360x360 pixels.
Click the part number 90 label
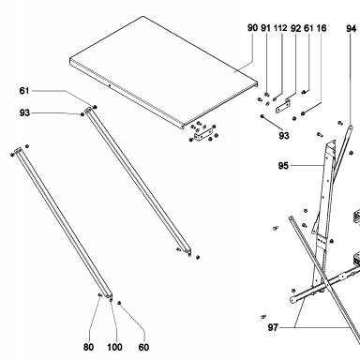[252, 28]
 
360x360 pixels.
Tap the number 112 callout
[280, 28]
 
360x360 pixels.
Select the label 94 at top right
[351, 28]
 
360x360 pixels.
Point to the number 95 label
[283, 166]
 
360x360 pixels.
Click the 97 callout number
[273, 327]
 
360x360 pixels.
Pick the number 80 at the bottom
[88, 347]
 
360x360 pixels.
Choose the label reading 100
[114, 347]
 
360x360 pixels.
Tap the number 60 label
[143, 347]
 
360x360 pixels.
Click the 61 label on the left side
[24, 91]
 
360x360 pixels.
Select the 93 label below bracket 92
[284, 136]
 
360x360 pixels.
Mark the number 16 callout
[322, 28]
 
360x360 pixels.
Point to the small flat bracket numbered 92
[283, 106]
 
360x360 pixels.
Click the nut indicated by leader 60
[119, 303]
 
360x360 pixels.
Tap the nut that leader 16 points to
[303, 113]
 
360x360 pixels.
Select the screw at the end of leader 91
[266, 94]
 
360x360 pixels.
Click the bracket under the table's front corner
[202, 136]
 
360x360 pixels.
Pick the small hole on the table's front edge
[109, 84]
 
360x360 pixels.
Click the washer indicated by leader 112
[275, 99]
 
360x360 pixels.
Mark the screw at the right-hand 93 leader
[262, 116]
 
